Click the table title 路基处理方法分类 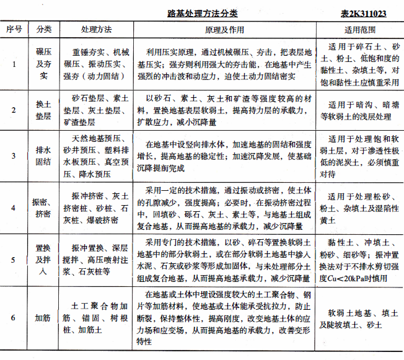click(203, 12)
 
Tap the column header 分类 click(44, 29)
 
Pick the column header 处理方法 click(96, 29)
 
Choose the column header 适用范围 click(359, 29)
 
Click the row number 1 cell click(14, 63)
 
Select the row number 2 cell click(14, 110)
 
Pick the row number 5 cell click(14, 255)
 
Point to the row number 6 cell click(14, 318)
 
